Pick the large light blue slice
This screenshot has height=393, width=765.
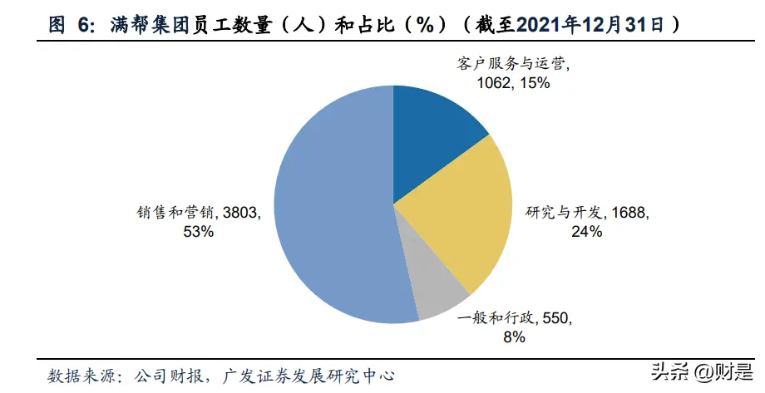click(x=333, y=208)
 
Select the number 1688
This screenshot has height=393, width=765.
click(x=629, y=214)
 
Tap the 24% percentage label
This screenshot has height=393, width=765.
click(x=586, y=233)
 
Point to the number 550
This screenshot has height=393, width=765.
click(x=555, y=317)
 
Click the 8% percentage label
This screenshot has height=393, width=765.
click(x=513, y=337)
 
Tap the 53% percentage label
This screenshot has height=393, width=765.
click(x=200, y=233)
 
